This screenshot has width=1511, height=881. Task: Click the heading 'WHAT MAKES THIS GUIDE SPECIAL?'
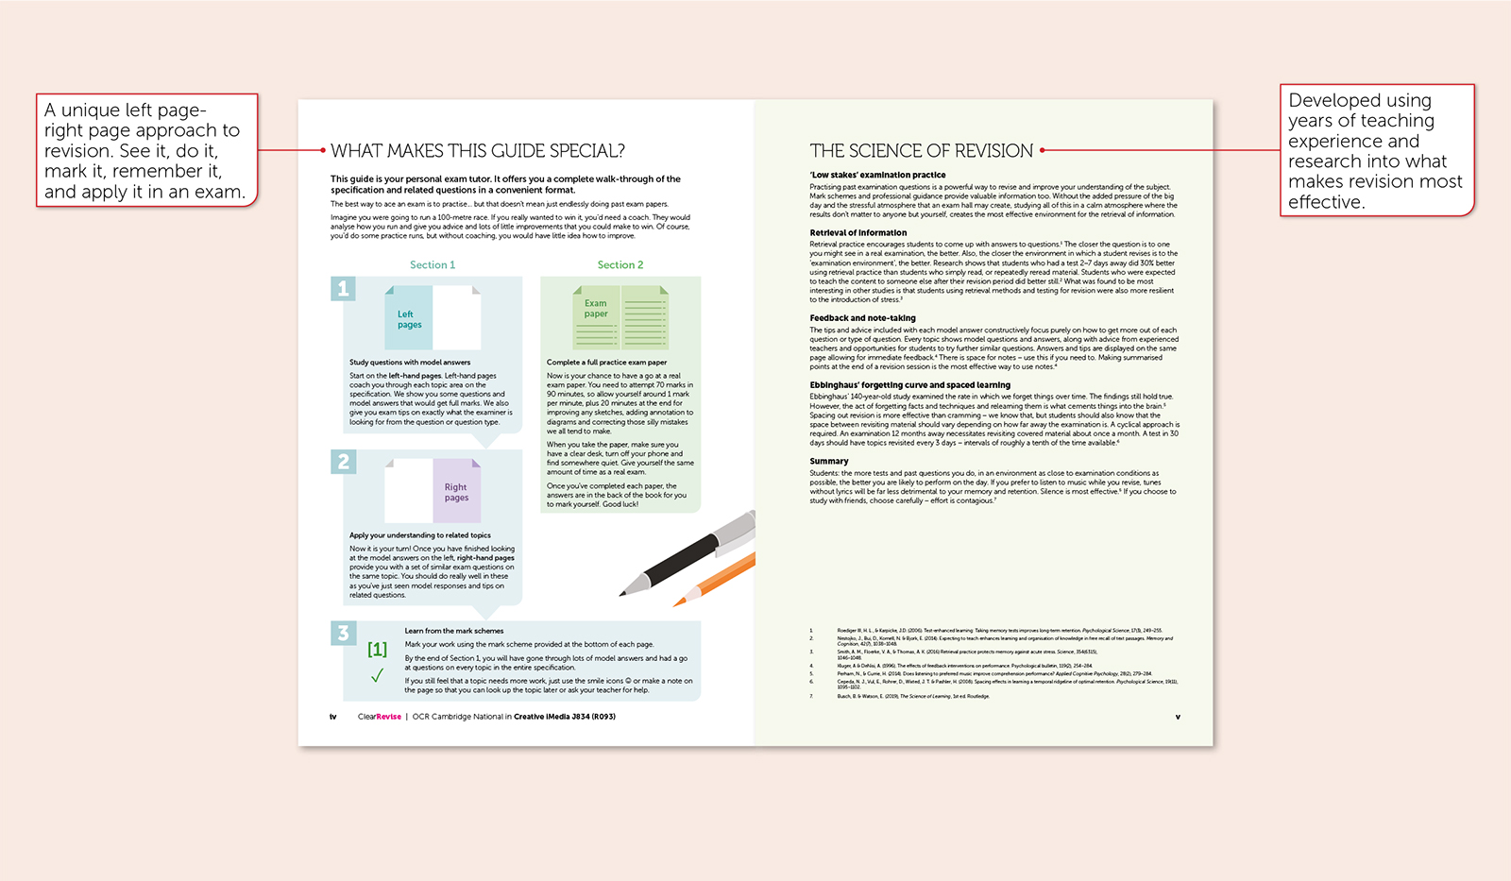(x=477, y=151)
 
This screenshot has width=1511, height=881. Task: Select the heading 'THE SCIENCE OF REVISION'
(x=921, y=151)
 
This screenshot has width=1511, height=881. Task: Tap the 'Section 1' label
(x=433, y=265)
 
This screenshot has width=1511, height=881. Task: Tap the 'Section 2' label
(x=620, y=265)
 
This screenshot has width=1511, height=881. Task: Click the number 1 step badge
(x=343, y=289)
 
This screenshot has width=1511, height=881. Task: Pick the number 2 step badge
(x=343, y=462)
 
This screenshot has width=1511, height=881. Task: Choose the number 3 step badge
(x=343, y=633)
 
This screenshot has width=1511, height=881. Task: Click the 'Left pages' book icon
(x=433, y=318)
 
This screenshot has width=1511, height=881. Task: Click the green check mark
(x=377, y=675)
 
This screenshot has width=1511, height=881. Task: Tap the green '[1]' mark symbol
(x=377, y=649)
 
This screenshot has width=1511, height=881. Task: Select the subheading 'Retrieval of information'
(x=857, y=232)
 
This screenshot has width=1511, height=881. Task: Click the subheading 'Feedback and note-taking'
(x=862, y=318)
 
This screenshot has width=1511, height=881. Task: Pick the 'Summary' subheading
(x=828, y=462)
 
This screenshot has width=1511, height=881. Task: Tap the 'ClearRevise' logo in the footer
(x=379, y=717)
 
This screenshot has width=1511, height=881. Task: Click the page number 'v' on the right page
(x=1178, y=717)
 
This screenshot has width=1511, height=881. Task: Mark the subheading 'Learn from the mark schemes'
(x=454, y=631)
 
